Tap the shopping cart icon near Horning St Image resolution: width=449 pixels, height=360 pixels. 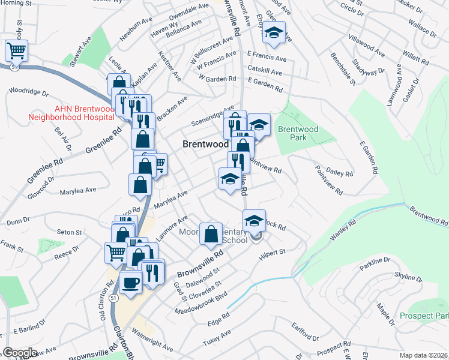click(16, 51)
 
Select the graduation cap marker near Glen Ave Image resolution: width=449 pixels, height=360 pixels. click(274, 34)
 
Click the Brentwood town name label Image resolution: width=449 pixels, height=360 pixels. click(206, 145)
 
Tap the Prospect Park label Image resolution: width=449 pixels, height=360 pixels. click(424, 316)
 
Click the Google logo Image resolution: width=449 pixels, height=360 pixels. click(20, 353)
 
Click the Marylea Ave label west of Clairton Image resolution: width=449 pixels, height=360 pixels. click(77, 191)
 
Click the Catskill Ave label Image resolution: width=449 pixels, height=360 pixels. click(264, 72)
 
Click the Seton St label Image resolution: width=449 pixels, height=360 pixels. click(69, 232)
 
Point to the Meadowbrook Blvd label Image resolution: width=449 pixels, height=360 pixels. click(202, 303)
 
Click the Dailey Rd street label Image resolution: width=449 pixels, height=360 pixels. click(340, 173)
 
